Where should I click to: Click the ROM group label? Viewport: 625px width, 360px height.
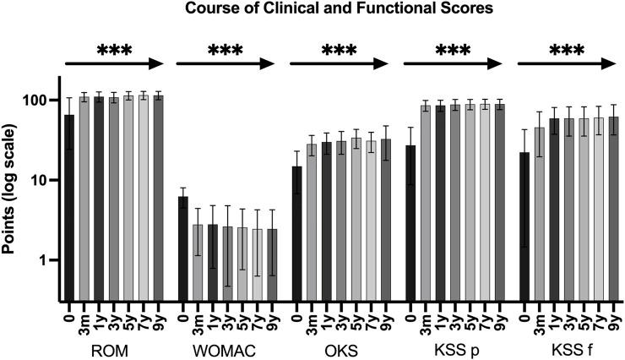tap(112, 346)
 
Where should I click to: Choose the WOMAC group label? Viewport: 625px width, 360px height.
tap(226, 346)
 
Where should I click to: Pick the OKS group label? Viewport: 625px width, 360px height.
tap(340, 346)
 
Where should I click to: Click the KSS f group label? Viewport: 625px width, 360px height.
tap(567, 346)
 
